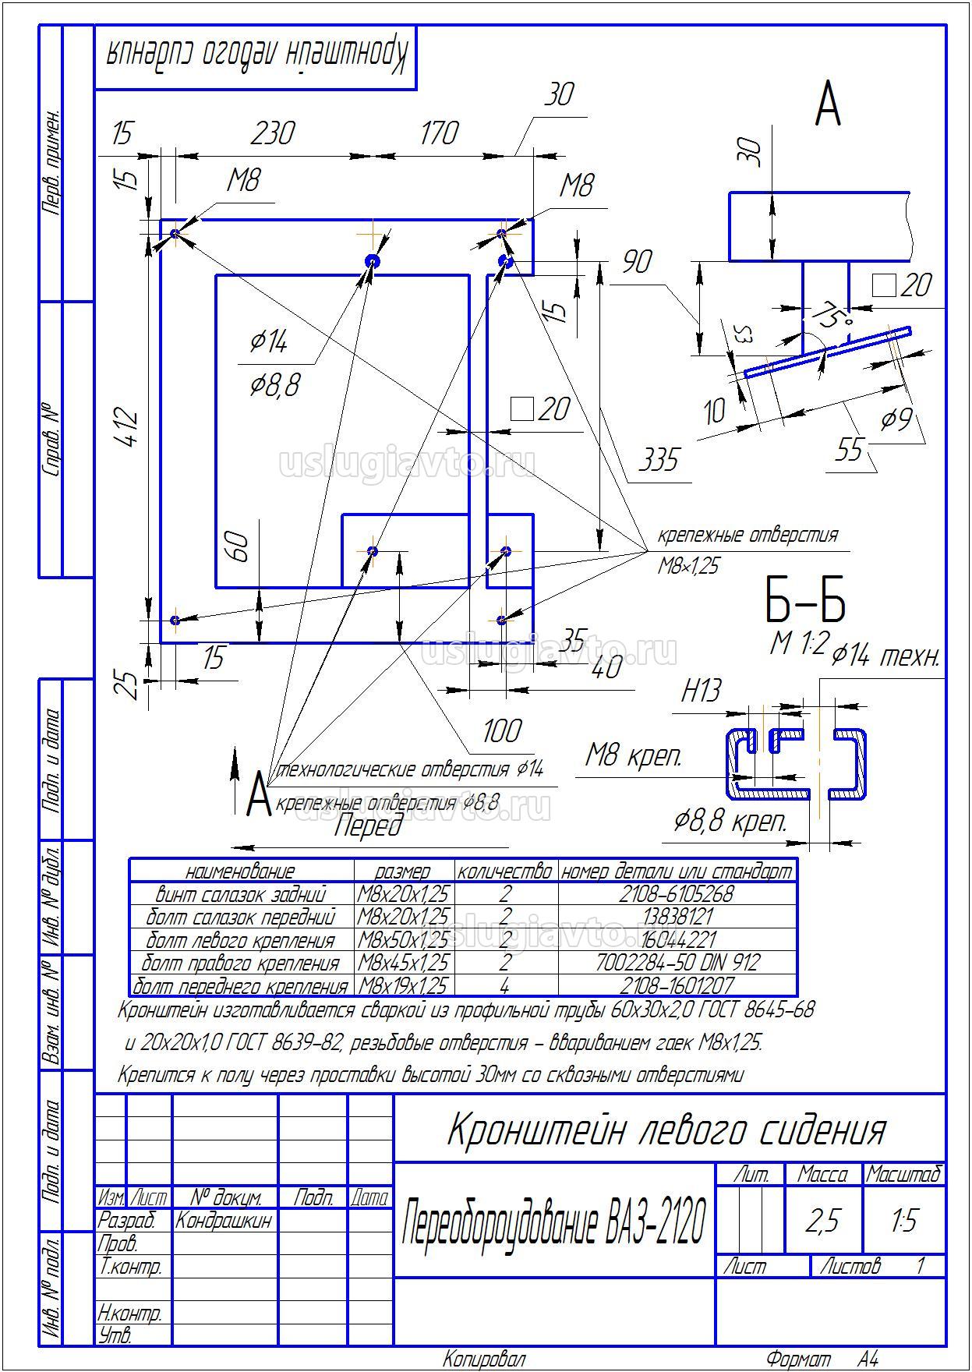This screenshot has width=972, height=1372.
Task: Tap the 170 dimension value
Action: [x=439, y=133]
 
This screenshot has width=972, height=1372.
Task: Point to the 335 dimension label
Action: [x=659, y=460]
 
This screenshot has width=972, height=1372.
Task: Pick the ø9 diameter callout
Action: [x=896, y=421]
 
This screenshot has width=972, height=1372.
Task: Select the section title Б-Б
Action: [x=804, y=601]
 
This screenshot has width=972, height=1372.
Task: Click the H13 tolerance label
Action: [x=702, y=691]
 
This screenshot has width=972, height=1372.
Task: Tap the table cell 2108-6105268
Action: [x=676, y=893]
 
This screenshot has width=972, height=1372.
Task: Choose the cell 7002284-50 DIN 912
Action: [x=677, y=963]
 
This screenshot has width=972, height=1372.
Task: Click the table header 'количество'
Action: [x=505, y=871]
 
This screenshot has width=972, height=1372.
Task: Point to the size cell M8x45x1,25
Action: [x=403, y=963]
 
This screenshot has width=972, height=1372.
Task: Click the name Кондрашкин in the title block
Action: [x=224, y=1221]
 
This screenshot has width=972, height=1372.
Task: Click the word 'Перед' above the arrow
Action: [x=368, y=826]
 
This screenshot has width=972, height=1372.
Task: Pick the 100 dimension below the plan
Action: [x=501, y=731]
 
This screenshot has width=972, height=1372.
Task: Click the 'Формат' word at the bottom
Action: [x=798, y=1360]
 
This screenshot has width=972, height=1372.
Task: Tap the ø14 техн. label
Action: [x=885, y=657]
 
